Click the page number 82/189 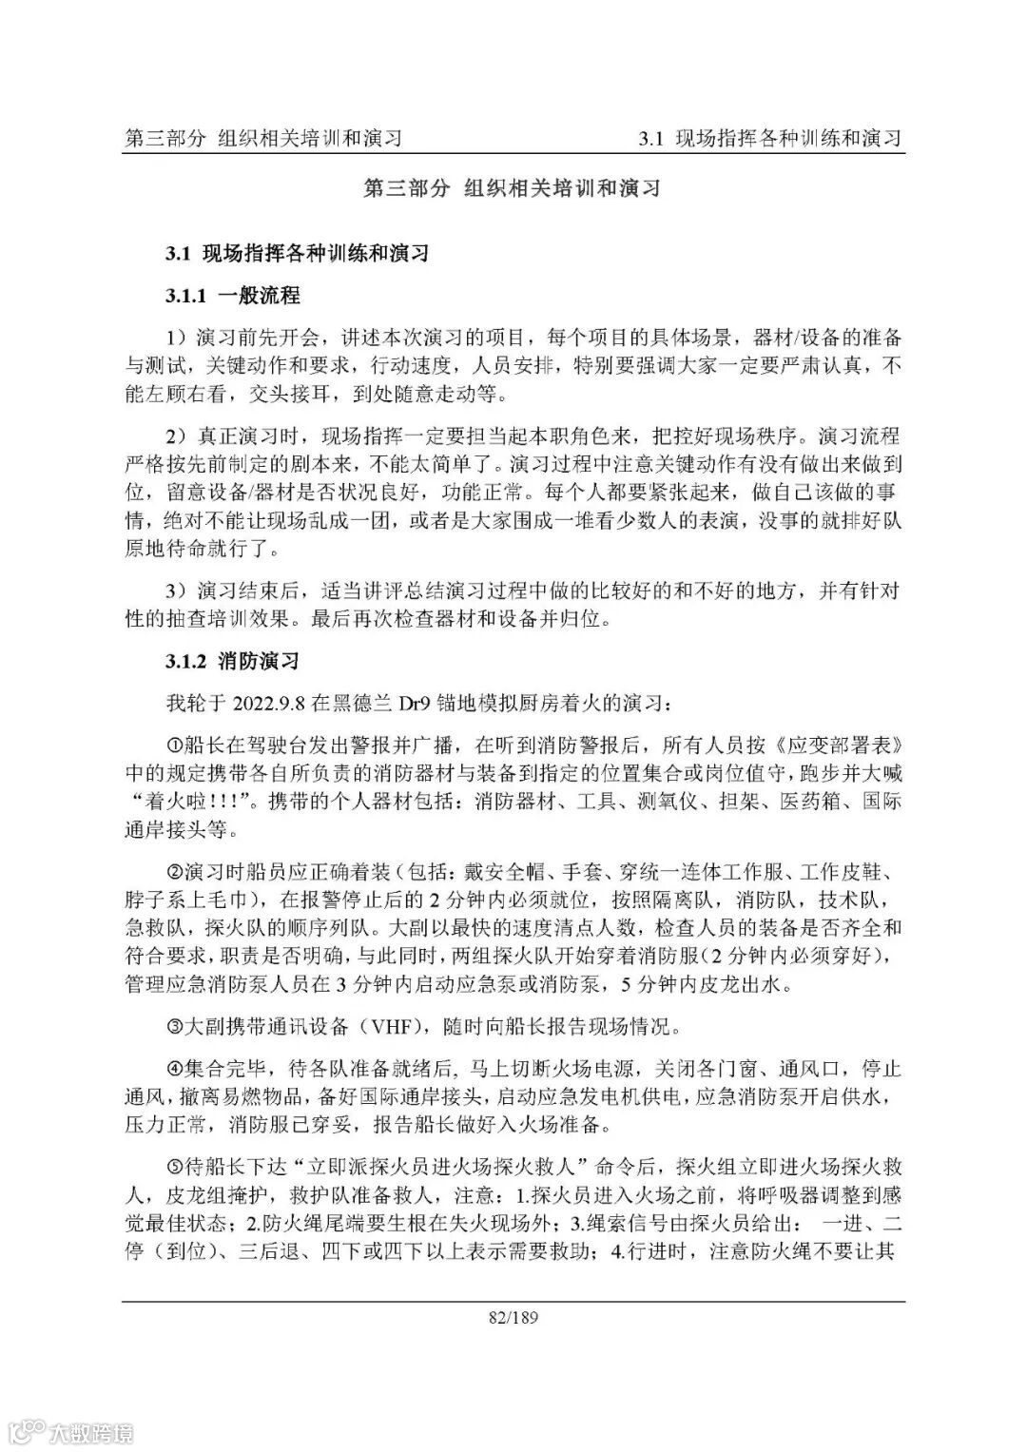(513, 1317)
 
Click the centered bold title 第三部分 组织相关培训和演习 (513, 188)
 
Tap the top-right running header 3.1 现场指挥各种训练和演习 (770, 139)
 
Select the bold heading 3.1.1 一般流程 (233, 296)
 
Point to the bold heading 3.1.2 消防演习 (233, 660)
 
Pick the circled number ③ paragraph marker (174, 1027)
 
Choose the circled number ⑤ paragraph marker (174, 1166)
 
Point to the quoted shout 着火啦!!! (194, 801)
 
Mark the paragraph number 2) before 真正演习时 (177, 436)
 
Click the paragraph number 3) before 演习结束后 (177, 590)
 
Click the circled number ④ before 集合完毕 (174, 1069)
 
